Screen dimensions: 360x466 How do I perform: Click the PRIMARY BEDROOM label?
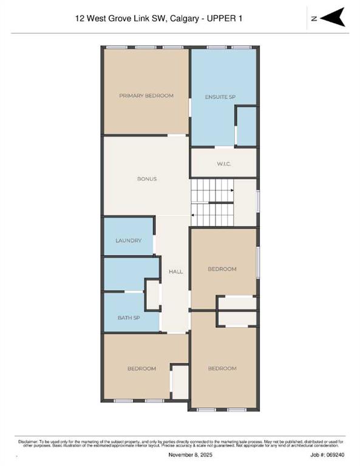(146, 96)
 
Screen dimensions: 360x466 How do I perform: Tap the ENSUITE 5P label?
(220, 97)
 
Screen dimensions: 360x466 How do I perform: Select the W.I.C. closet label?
(224, 164)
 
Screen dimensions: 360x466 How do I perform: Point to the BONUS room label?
(147, 179)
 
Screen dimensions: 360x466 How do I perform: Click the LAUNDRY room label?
(129, 240)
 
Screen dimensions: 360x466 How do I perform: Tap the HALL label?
(175, 272)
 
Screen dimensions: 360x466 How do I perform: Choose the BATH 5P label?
(129, 318)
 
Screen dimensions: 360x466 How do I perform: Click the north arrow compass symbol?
(333, 18)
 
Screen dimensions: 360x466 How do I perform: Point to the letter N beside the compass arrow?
(314, 18)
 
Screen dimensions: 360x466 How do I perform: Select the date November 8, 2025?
(190, 455)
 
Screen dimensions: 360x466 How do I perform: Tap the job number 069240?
(335, 455)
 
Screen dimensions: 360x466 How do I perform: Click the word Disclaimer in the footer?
(28, 442)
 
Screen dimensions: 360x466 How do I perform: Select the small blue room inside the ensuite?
(246, 126)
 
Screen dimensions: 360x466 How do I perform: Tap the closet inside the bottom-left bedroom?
(180, 382)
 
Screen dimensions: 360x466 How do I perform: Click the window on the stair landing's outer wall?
(258, 201)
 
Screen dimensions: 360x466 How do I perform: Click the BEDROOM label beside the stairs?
(222, 269)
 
